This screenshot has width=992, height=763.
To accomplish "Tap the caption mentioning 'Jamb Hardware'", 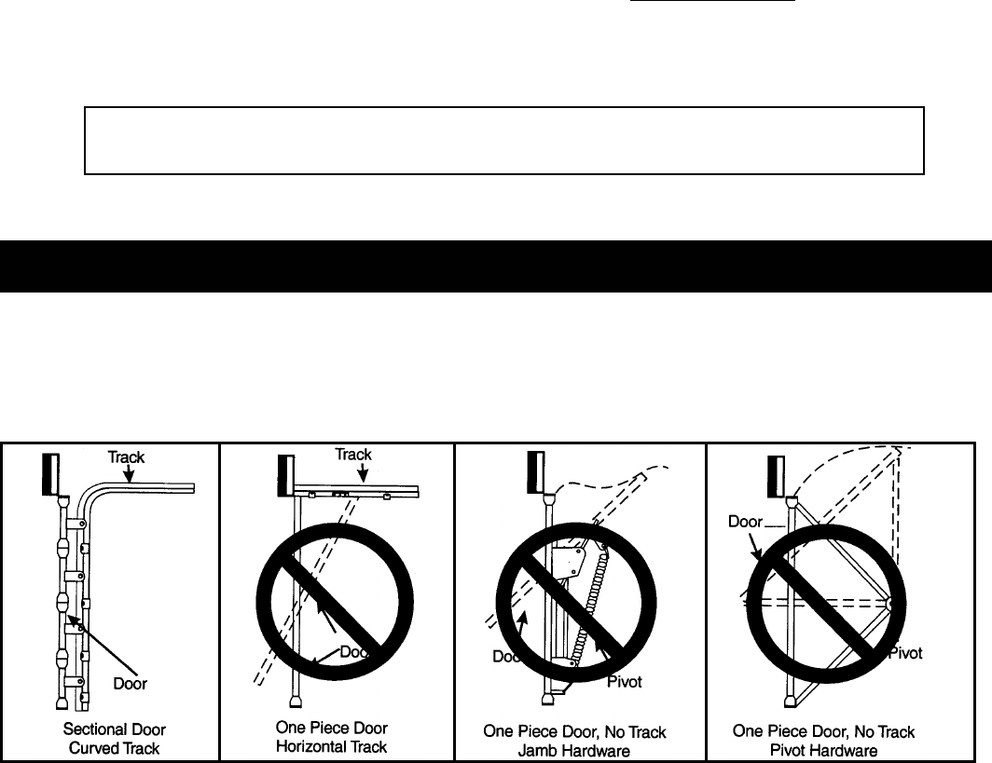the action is pos(580,740).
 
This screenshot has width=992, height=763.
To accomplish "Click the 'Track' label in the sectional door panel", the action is pos(126,457).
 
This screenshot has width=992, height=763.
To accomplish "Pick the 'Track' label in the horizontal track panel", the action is pos(353,455).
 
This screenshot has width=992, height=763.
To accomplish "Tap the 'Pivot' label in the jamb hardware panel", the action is pos(625,682).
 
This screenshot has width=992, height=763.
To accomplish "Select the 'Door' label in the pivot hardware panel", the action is pos(747,524).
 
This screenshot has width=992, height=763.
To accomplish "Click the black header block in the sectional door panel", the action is pos(50,476).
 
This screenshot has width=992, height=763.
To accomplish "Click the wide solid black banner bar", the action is pos(496,266).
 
